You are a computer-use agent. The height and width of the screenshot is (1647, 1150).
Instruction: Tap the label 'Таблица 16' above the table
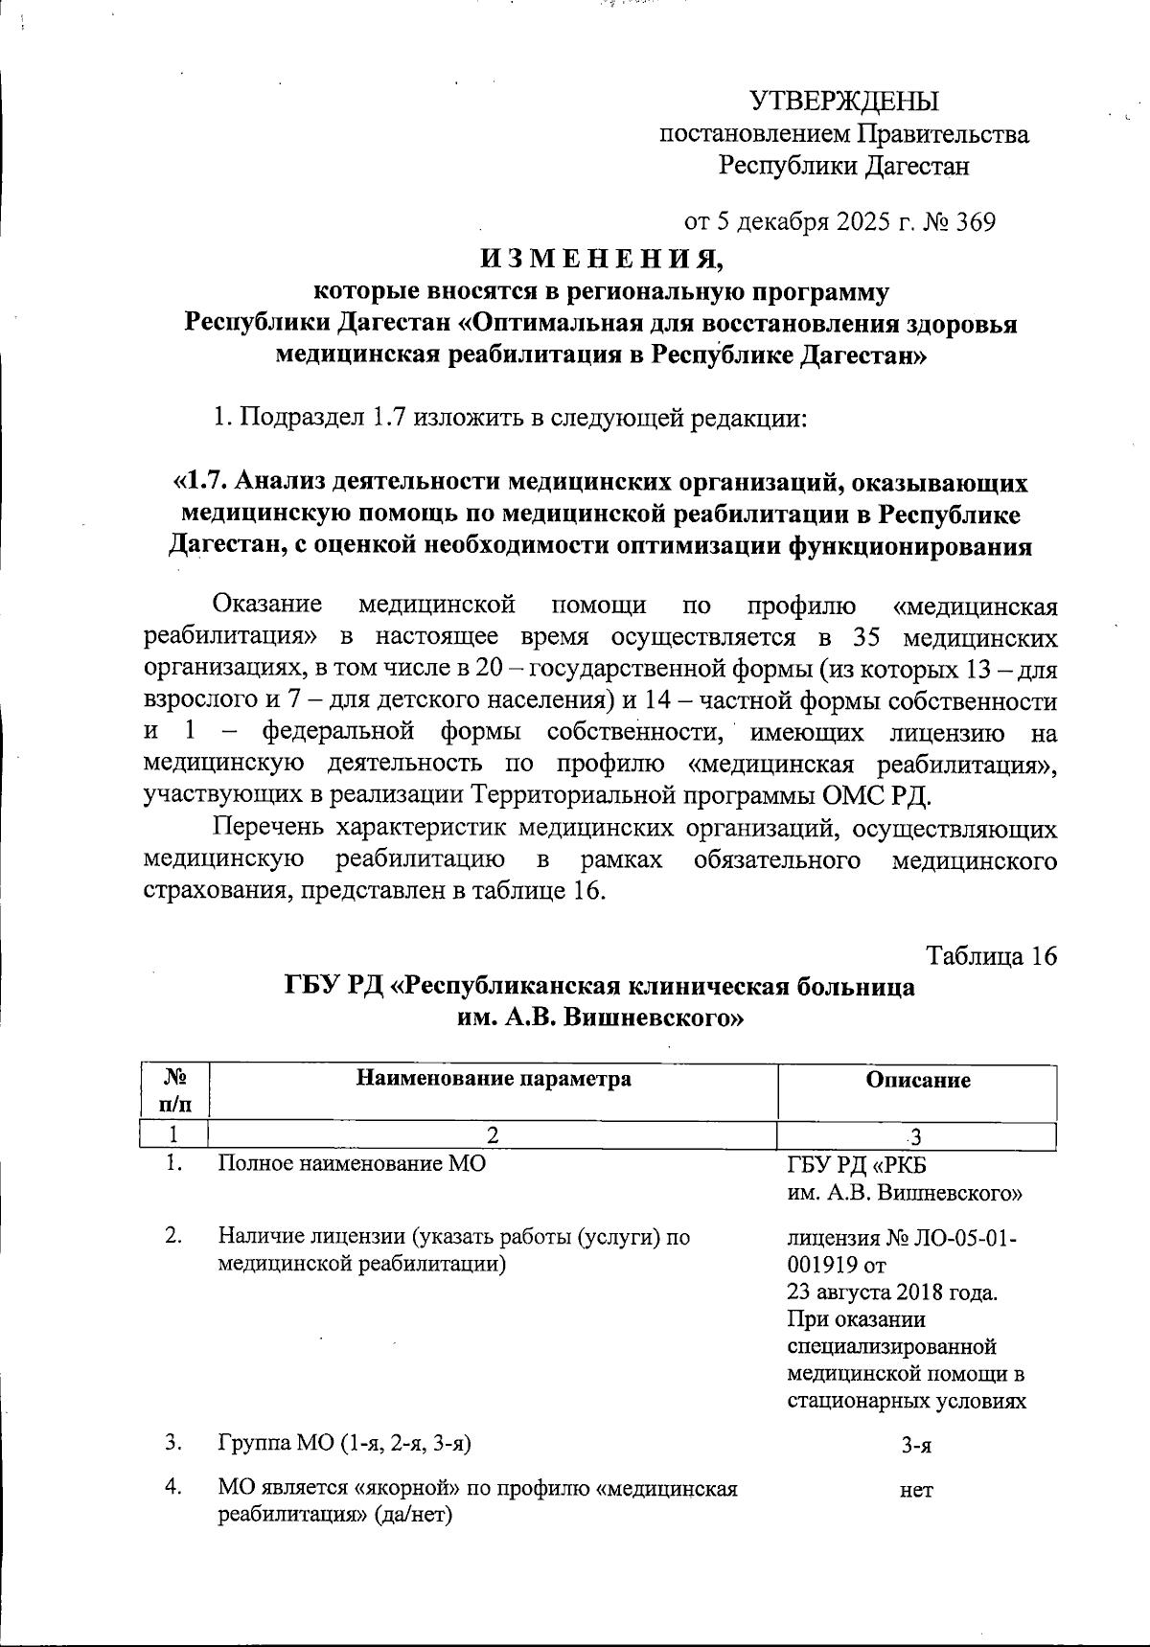click(x=991, y=955)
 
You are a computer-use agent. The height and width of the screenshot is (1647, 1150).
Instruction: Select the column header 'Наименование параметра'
click(x=494, y=1079)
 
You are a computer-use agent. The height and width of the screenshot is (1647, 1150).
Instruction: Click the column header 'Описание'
click(x=917, y=1080)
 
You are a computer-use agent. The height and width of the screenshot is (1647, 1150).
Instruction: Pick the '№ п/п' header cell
click(x=173, y=1090)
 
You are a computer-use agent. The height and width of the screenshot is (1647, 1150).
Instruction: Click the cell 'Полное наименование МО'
click(x=352, y=1164)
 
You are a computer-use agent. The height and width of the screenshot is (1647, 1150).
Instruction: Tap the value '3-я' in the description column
click(x=916, y=1447)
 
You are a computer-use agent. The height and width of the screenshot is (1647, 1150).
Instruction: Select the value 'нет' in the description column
click(x=916, y=1490)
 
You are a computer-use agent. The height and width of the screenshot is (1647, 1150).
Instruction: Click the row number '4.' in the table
click(x=173, y=1489)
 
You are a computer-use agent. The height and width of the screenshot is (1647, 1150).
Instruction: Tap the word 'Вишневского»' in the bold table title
click(x=653, y=1018)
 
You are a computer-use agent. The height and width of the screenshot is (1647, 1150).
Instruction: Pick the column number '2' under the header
click(x=493, y=1136)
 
